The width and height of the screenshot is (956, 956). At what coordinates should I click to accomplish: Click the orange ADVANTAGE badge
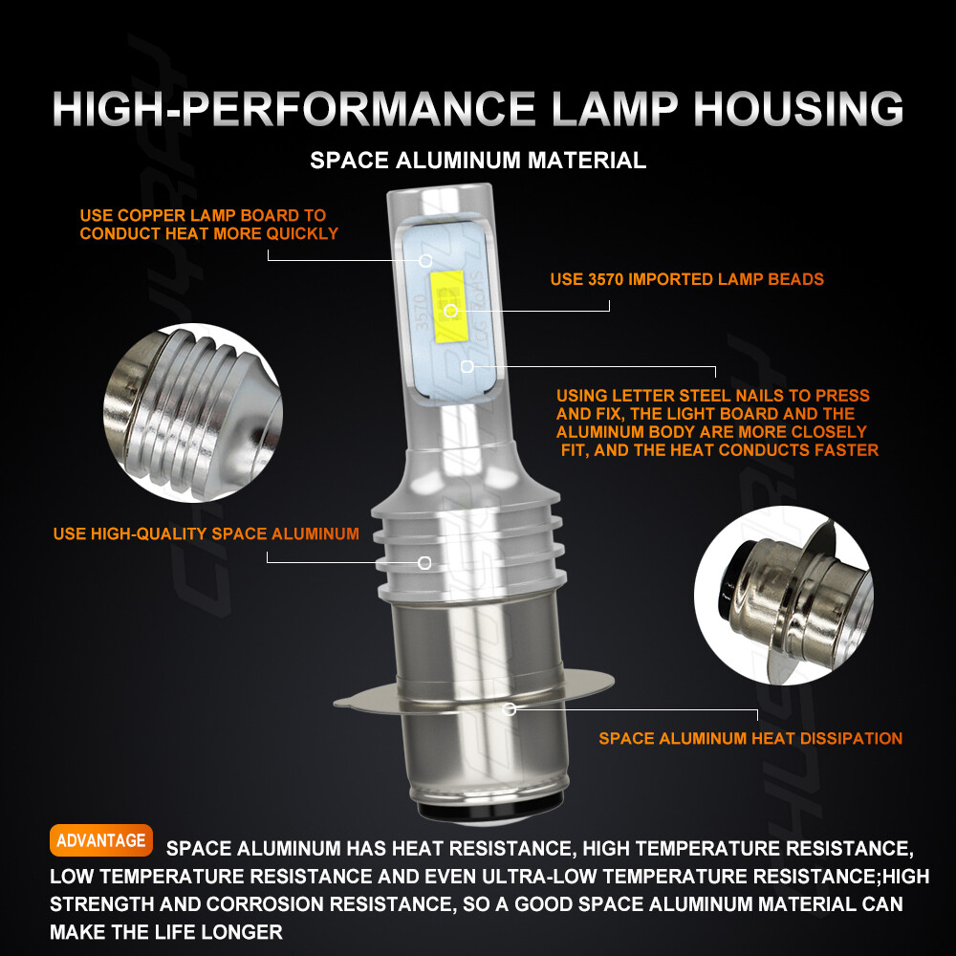pos(100,840)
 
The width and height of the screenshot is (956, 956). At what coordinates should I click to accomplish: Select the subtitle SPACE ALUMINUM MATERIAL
pos(478,160)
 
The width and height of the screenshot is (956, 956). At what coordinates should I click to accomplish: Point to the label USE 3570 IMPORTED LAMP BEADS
pos(686,279)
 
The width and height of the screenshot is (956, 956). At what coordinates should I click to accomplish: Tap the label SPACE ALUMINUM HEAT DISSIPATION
pos(750,738)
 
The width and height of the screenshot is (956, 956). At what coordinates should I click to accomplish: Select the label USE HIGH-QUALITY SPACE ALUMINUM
pos(206,533)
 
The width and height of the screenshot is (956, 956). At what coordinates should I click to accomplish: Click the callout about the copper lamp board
pos(208,225)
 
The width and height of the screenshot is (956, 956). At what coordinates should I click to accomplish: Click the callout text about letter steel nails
pos(716,423)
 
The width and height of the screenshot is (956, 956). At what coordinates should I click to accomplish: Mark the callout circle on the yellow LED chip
pos(451,311)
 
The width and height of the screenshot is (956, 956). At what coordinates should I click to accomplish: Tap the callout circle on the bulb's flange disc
pos(509,709)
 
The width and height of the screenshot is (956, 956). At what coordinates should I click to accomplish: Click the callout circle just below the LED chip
pos(467,366)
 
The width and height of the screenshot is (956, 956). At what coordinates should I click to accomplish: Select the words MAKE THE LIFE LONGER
pos(166,932)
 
